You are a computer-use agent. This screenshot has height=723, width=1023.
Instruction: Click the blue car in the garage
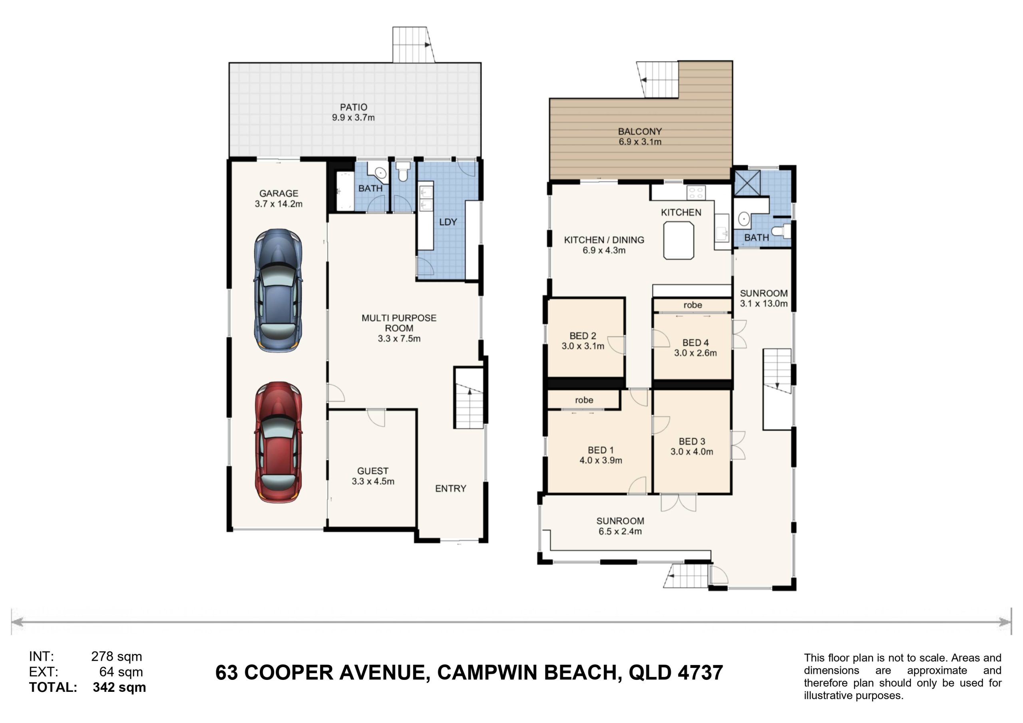pyautogui.click(x=278, y=290)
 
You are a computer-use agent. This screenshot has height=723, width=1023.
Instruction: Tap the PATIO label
pyautogui.click(x=353, y=107)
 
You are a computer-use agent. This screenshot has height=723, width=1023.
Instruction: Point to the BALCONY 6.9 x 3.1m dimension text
pyautogui.click(x=640, y=142)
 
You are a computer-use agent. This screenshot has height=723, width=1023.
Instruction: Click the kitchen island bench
pyautogui.click(x=679, y=240)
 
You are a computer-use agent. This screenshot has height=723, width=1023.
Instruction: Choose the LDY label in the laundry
pyautogui.click(x=448, y=222)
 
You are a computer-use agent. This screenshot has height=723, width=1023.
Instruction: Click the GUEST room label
pyautogui.click(x=372, y=471)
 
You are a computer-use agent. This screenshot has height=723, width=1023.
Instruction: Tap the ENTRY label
pyautogui.click(x=450, y=489)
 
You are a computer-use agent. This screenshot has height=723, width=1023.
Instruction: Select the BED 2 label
pyautogui.click(x=583, y=336)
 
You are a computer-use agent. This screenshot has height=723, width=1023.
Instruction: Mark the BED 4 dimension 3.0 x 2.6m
pyautogui.click(x=695, y=353)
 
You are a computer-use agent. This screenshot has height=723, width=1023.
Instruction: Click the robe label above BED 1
pyautogui.click(x=584, y=400)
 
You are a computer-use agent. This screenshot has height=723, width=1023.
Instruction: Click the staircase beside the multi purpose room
pyautogui.click(x=469, y=398)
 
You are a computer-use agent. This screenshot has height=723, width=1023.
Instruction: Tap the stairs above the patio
pyautogui.click(x=413, y=45)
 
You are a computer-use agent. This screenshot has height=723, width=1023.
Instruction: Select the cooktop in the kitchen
pyautogui.click(x=696, y=193)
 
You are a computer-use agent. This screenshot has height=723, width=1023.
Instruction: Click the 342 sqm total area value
pyautogui.click(x=119, y=687)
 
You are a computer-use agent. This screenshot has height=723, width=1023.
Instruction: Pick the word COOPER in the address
pyautogui.click(x=289, y=673)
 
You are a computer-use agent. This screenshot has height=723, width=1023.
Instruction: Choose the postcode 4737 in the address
pyautogui.click(x=701, y=673)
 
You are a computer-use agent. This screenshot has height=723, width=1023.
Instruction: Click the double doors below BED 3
pyautogui.click(x=678, y=503)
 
